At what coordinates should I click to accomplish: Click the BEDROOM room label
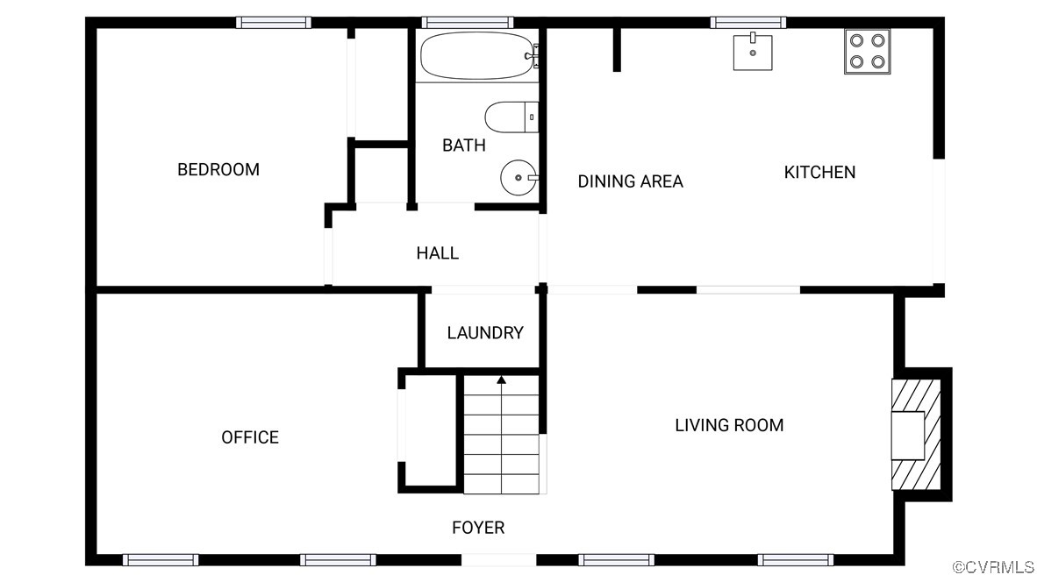218,169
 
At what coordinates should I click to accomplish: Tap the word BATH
463,145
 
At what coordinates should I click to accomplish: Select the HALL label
437,253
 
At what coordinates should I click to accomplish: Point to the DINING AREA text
630,181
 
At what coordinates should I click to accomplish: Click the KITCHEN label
819,173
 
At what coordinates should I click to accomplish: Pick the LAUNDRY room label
484,333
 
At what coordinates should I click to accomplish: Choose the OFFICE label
250,437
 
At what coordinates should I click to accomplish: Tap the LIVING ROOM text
728,425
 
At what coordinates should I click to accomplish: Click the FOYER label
478,528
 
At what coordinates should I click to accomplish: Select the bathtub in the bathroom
476,55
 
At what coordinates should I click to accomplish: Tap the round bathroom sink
518,178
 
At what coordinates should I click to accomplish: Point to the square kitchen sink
753,52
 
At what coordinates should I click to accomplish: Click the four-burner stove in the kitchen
867,51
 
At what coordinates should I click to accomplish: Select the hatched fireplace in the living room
916,435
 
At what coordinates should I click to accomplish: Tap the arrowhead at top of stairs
501,380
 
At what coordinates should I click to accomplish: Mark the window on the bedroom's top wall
274,23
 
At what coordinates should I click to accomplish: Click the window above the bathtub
467,23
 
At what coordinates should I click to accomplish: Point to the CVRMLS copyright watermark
993,567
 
